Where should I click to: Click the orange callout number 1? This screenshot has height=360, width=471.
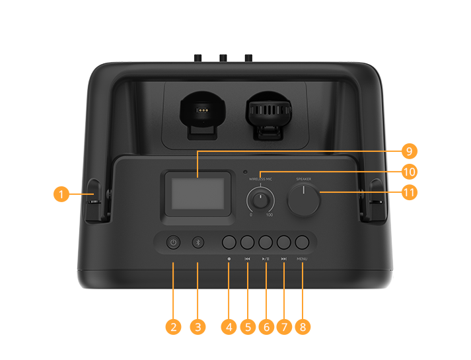click(x=61, y=194)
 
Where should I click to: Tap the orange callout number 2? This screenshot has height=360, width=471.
click(x=174, y=326)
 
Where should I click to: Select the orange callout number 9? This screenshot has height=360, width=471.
click(x=409, y=151)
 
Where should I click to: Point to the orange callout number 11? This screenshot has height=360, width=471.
click(x=409, y=193)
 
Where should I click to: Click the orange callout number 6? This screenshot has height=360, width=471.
click(x=266, y=326)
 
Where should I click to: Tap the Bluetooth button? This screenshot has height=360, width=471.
click(x=198, y=242)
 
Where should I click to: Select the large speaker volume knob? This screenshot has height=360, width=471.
click(x=303, y=199)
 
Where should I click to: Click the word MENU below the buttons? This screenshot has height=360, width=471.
click(x=303, y=259)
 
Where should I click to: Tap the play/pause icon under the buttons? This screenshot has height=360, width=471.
click(x=265, y=259)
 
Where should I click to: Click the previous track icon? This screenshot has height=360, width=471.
click(x=247, y=259)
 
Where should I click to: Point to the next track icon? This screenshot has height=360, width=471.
click(x=283, y=259)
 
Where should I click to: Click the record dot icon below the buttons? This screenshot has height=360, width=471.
click(x=229, y=259)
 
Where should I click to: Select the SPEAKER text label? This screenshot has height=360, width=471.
click(x=303, y=178)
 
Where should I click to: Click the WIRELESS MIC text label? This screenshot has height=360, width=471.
click(x=260, y=179)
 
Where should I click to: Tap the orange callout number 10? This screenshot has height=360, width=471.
click(x=409, y=172)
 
